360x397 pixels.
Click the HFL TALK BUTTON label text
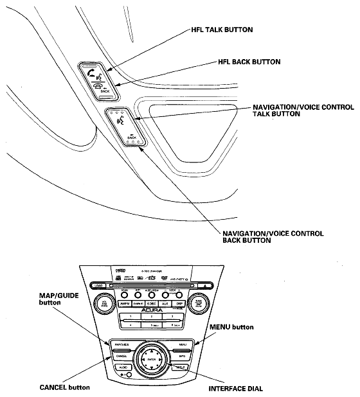222,30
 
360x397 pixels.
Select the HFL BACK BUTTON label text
250,62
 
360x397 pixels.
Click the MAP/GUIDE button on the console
121,345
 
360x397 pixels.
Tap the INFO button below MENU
183,355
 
